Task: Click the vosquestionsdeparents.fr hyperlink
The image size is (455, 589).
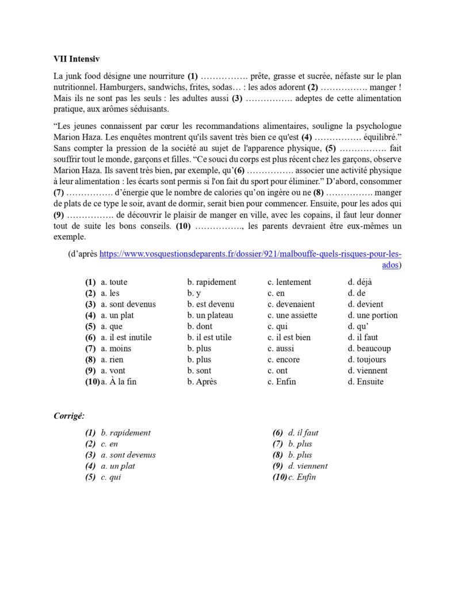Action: pyautogui.click(x=250, y=254)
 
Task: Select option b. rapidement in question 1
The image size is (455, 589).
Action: pyautogui.click(x=211, y=282)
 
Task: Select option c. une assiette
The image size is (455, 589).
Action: pyautogui.click(x=292, y=315)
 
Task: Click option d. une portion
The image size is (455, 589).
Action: pyautogui.click(x=372, y=315)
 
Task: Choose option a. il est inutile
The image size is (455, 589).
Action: pyautogui.click(x=126, y=337)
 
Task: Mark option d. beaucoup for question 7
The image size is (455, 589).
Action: pyautogui.click(x=369, y=349)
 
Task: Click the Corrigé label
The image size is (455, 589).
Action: pyautogui.click(x=69, y=415)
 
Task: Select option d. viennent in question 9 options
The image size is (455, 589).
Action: pyautogui.click(x=368, y=370)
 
